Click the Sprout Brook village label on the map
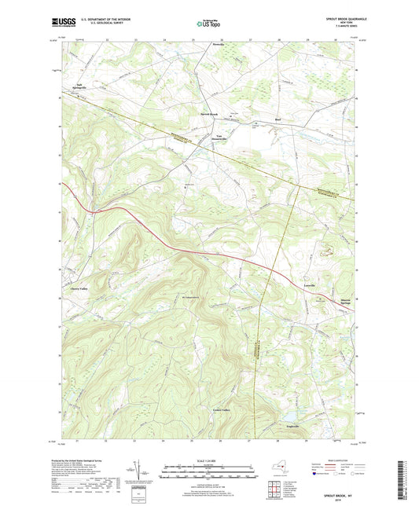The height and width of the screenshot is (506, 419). (x=209, y=113)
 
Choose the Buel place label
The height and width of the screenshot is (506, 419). (x=277, y=120)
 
